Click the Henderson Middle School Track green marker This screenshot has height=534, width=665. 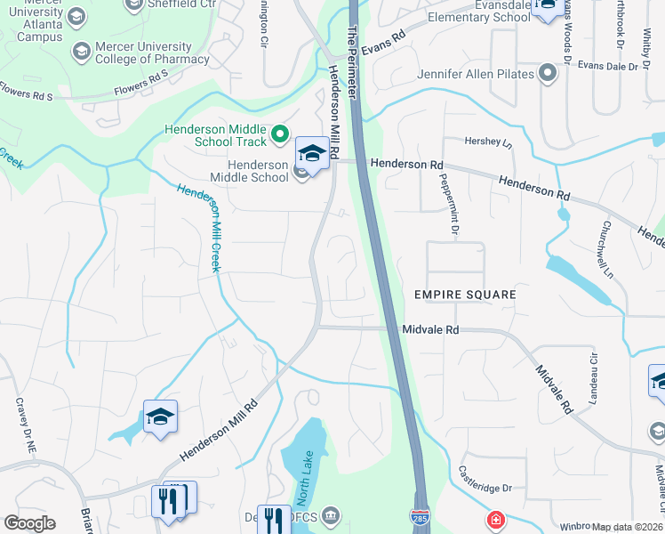[x=280, y=134]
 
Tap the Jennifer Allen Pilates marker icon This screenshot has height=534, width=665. [x=547, y=74]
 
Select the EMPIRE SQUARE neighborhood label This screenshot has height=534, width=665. [x=465, y=294]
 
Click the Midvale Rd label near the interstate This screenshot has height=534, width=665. [x=430, y=329]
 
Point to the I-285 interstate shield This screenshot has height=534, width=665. [x=420, y=515]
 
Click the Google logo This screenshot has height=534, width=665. [x=29, y=523]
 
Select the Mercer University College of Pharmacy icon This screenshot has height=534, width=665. [x=83, y=53]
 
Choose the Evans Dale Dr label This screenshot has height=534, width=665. [x=608, y=66]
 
